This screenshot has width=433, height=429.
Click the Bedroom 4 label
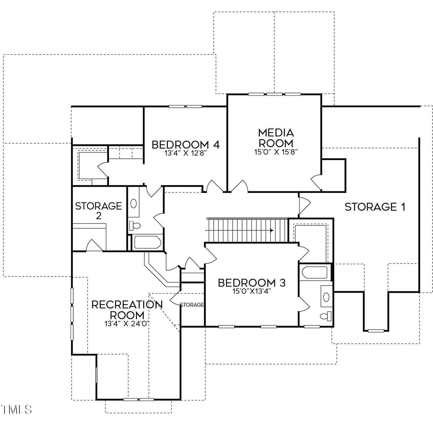click(x=186, y=145)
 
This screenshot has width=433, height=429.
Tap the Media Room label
click(x=276, y=138)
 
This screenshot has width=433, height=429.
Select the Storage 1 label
click(x=375, y=207)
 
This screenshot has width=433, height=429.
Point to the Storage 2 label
click(x=98, y=211)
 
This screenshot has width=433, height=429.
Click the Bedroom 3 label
click(x=252, y=283)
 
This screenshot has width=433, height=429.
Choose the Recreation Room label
click(x=127, y=310)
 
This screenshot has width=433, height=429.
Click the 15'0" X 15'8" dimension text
click(x=276, y=152)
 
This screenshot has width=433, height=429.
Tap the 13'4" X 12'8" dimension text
click(x=186, y=153)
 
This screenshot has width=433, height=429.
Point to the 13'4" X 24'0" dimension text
click(x=127, y=323)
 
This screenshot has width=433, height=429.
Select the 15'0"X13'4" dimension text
click(x=252, y=291)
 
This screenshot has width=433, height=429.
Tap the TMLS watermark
click(x=16, y=410)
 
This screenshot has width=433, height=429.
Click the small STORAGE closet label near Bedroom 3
click(x=192, y=305)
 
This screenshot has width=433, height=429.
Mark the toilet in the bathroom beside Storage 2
click(x=135, y=225)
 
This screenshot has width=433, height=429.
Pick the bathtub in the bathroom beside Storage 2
click(x=147, y=242)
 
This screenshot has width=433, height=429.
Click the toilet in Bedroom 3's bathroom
click(x=326, y=316)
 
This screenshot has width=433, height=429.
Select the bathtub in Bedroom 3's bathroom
click(x=315, y=272)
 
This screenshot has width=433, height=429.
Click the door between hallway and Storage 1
click(x=304, y=203)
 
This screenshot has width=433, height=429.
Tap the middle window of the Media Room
click(x=275, y=94)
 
